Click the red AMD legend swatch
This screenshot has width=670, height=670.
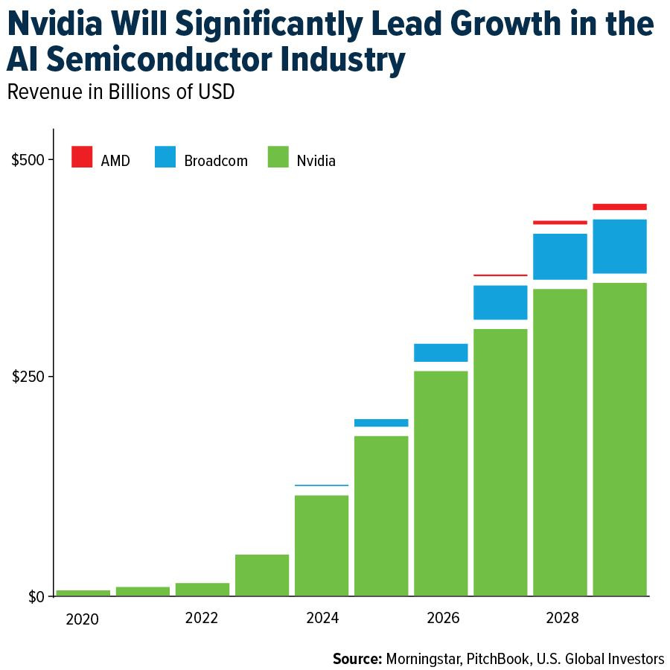click(82, 157)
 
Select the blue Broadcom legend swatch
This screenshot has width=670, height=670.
click(165, 157)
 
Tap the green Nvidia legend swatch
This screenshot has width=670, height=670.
click(278, 157)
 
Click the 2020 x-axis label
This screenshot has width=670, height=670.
click(83, 618)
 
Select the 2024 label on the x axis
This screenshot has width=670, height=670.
click(322, 618)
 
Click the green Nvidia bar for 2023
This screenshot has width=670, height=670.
click(262, 575)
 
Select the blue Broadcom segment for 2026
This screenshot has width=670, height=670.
click(441, 352)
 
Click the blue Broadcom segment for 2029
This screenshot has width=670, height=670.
click(619, 246)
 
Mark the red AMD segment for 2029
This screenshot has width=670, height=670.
click(619, 207)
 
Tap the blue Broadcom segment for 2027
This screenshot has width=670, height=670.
click(500, 302)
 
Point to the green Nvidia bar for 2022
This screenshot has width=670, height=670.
click(202, 589)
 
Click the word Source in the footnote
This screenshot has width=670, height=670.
click(357, 658)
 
